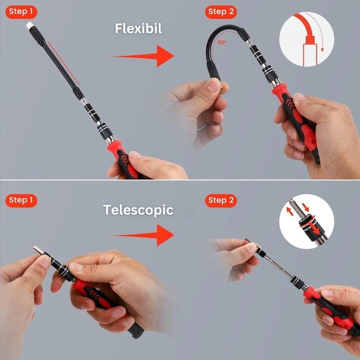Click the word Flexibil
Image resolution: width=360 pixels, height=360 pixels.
138,28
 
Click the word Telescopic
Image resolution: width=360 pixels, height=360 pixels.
138,210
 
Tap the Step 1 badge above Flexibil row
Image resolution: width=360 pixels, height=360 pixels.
21,12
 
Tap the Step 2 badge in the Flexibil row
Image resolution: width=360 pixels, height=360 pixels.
221,12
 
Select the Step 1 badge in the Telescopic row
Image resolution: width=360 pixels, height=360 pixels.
21,200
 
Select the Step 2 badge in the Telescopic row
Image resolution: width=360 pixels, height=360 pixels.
221,200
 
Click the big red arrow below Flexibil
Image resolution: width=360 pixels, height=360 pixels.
142,56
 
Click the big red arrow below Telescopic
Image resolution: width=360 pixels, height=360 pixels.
142,235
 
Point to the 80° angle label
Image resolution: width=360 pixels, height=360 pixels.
222,42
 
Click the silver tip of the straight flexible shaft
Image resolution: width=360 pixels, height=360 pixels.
29,25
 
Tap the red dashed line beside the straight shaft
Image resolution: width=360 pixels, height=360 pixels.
63,63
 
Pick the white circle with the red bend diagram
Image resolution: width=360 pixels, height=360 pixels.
306,39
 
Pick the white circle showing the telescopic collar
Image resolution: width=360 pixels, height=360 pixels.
306,221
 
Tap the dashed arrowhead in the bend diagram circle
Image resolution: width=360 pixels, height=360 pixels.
322,49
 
